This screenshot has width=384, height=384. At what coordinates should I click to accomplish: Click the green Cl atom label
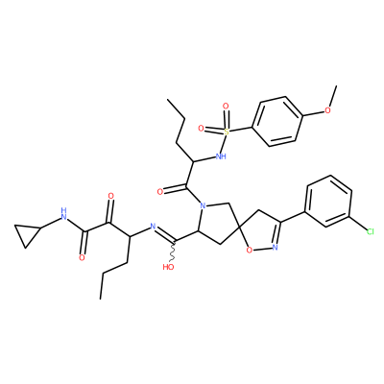370,231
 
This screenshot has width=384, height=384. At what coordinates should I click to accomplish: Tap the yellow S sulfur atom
227,132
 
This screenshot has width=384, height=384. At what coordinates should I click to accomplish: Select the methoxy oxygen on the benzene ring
327,110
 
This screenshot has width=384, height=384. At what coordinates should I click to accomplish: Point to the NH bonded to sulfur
221,156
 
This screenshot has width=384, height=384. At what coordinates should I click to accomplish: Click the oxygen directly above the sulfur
226,106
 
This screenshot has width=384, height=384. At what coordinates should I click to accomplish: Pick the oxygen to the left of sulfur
201,129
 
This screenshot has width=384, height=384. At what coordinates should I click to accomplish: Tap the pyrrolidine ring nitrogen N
202,205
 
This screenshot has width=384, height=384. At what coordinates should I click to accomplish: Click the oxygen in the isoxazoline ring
250,250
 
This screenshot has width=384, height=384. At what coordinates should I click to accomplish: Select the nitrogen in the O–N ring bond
275,247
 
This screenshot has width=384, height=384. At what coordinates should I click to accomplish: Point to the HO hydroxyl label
168,267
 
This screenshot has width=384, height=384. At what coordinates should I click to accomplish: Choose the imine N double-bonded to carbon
153,228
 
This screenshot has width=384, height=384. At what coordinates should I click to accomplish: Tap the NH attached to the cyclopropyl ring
64,215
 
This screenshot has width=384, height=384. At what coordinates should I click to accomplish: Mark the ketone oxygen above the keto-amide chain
111,196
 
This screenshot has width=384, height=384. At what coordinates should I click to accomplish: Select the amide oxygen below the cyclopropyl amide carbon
82,258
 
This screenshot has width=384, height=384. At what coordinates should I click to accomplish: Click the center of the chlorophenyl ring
328,202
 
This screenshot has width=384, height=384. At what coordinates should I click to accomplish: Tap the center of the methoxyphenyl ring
277,122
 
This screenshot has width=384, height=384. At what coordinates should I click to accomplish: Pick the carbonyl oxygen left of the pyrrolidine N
160,192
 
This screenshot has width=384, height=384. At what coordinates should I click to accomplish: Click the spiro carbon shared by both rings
239,227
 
